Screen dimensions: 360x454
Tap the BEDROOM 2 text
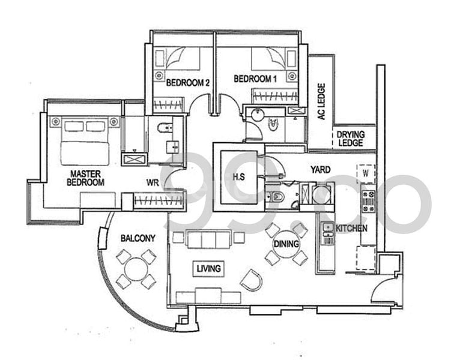click(x=187, y=83)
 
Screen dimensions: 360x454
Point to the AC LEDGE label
click(x=321, y=101)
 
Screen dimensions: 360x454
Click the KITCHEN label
click(x=351, y=229)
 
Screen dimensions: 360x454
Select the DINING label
click(x=285, y=244)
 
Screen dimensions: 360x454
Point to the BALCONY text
click(x=138, y=238)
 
